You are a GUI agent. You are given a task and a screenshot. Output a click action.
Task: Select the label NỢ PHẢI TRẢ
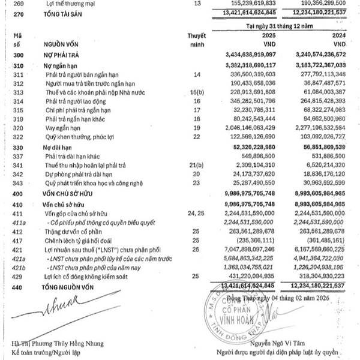(60, 54)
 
